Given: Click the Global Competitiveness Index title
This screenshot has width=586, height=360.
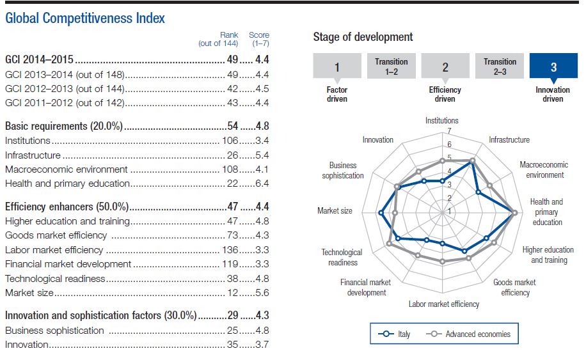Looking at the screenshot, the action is point(85,18).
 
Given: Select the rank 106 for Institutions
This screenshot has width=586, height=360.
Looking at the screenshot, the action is point(230,141).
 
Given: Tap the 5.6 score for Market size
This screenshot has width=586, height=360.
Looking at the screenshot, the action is point(262,293).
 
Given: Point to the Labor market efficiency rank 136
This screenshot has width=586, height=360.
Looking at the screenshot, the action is point(230,250).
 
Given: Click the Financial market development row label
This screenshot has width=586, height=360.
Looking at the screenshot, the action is point(68,264).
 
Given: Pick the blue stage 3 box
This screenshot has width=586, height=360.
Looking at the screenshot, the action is point(553,66).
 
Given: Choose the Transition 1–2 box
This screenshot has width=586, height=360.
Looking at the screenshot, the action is point(392,66).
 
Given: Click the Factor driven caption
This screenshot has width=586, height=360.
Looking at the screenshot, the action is point(337,94).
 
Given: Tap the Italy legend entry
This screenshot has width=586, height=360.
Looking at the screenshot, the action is point(394,334).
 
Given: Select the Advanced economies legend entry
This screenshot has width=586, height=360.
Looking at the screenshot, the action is point(468,334).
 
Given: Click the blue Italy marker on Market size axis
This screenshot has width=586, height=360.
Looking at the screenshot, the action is point(381,213).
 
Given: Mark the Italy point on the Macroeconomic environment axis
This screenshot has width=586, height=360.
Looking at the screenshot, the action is point(478,192).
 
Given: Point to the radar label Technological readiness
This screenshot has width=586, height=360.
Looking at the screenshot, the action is point(342,257).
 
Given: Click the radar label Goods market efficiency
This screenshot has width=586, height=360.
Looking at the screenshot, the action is point(514,287).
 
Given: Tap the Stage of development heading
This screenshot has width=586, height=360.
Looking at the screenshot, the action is point(363,37).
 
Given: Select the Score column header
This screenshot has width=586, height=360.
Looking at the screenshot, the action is point(259,39).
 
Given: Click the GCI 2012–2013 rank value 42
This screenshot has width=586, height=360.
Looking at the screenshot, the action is point(232,89).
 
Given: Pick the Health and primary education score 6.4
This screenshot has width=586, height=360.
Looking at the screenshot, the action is point(262,184).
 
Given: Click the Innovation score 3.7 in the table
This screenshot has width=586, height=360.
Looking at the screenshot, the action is point(262,344).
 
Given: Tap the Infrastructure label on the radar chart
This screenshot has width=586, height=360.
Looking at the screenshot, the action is point(509,139).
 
